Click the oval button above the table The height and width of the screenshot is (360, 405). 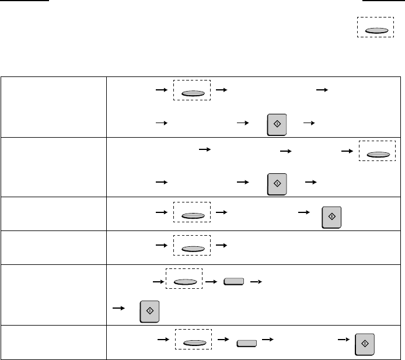pyautogui.click(x=376, y=30)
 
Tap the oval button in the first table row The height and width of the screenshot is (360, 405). pyautogui.click(x=191, y=92)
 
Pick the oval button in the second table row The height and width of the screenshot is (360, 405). pyautogui.click(x=376, y=155)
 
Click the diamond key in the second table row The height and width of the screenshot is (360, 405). pyautogui.click(x=276, y=182)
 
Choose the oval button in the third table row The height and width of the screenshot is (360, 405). pyautogui.click(x=191, y=215)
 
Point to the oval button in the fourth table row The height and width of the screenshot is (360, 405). pyautogui.click(x=191, y=249)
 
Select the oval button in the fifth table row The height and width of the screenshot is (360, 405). pyautogui.click(x=183, y=282)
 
